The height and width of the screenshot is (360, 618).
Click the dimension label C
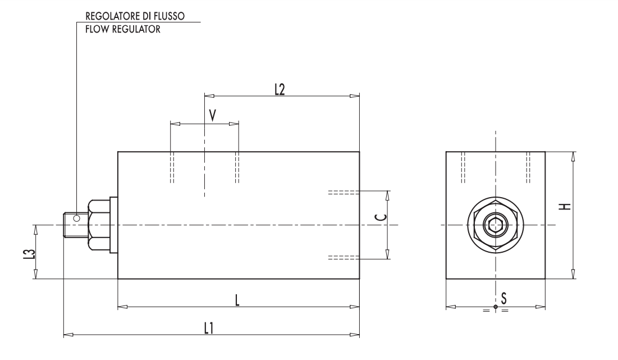(x=380, y=225)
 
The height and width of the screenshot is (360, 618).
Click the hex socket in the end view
(x=495, y=226)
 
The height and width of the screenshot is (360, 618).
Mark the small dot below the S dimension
(x=495, y=307)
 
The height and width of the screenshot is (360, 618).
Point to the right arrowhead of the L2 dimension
(x=354, y=96)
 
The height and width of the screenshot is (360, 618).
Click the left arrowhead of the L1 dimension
(x=68, y=335)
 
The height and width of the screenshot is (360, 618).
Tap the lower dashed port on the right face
(x=343, y=257)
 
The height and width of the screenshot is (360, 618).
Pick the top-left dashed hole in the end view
(x=463, y=167)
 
